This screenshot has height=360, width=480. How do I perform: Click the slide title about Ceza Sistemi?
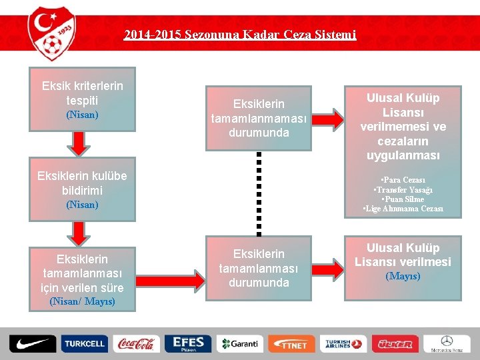pos(240,34)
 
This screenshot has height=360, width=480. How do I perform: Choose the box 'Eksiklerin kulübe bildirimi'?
pos(83,189)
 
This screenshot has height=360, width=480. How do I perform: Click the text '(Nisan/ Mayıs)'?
pos(83,301)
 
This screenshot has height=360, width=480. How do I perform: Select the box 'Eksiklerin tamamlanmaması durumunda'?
pos(258,118)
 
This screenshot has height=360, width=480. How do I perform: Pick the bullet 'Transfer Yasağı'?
pos(403,189)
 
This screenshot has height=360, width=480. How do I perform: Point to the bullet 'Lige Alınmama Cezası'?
pos(403,209)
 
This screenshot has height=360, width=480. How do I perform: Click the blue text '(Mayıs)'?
pos(402,275)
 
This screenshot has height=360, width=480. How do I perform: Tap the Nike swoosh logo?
pos(33,344)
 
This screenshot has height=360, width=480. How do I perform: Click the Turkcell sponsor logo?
pos(84,344)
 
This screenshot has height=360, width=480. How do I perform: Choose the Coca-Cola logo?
pos(136,344)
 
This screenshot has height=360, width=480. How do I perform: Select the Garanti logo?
pos(239,344)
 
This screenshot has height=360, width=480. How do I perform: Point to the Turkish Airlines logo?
pos(343,344)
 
